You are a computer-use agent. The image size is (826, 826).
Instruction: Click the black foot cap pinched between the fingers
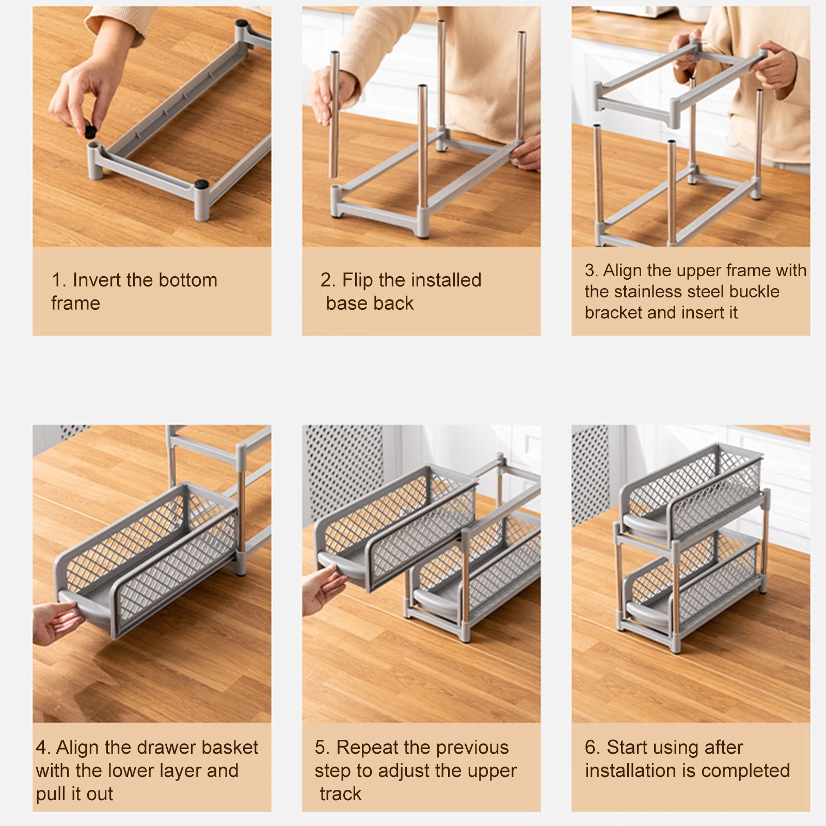tap(90, 132)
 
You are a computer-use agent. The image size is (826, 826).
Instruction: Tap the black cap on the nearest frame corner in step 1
tap(201, 183)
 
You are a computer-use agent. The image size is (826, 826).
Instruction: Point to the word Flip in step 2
tap(357, 280)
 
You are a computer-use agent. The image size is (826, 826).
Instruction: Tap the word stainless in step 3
tap(647, 291)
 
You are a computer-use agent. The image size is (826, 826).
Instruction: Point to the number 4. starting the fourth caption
tap(43, 748)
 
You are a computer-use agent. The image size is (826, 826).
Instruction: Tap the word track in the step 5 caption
tap(341, 793)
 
